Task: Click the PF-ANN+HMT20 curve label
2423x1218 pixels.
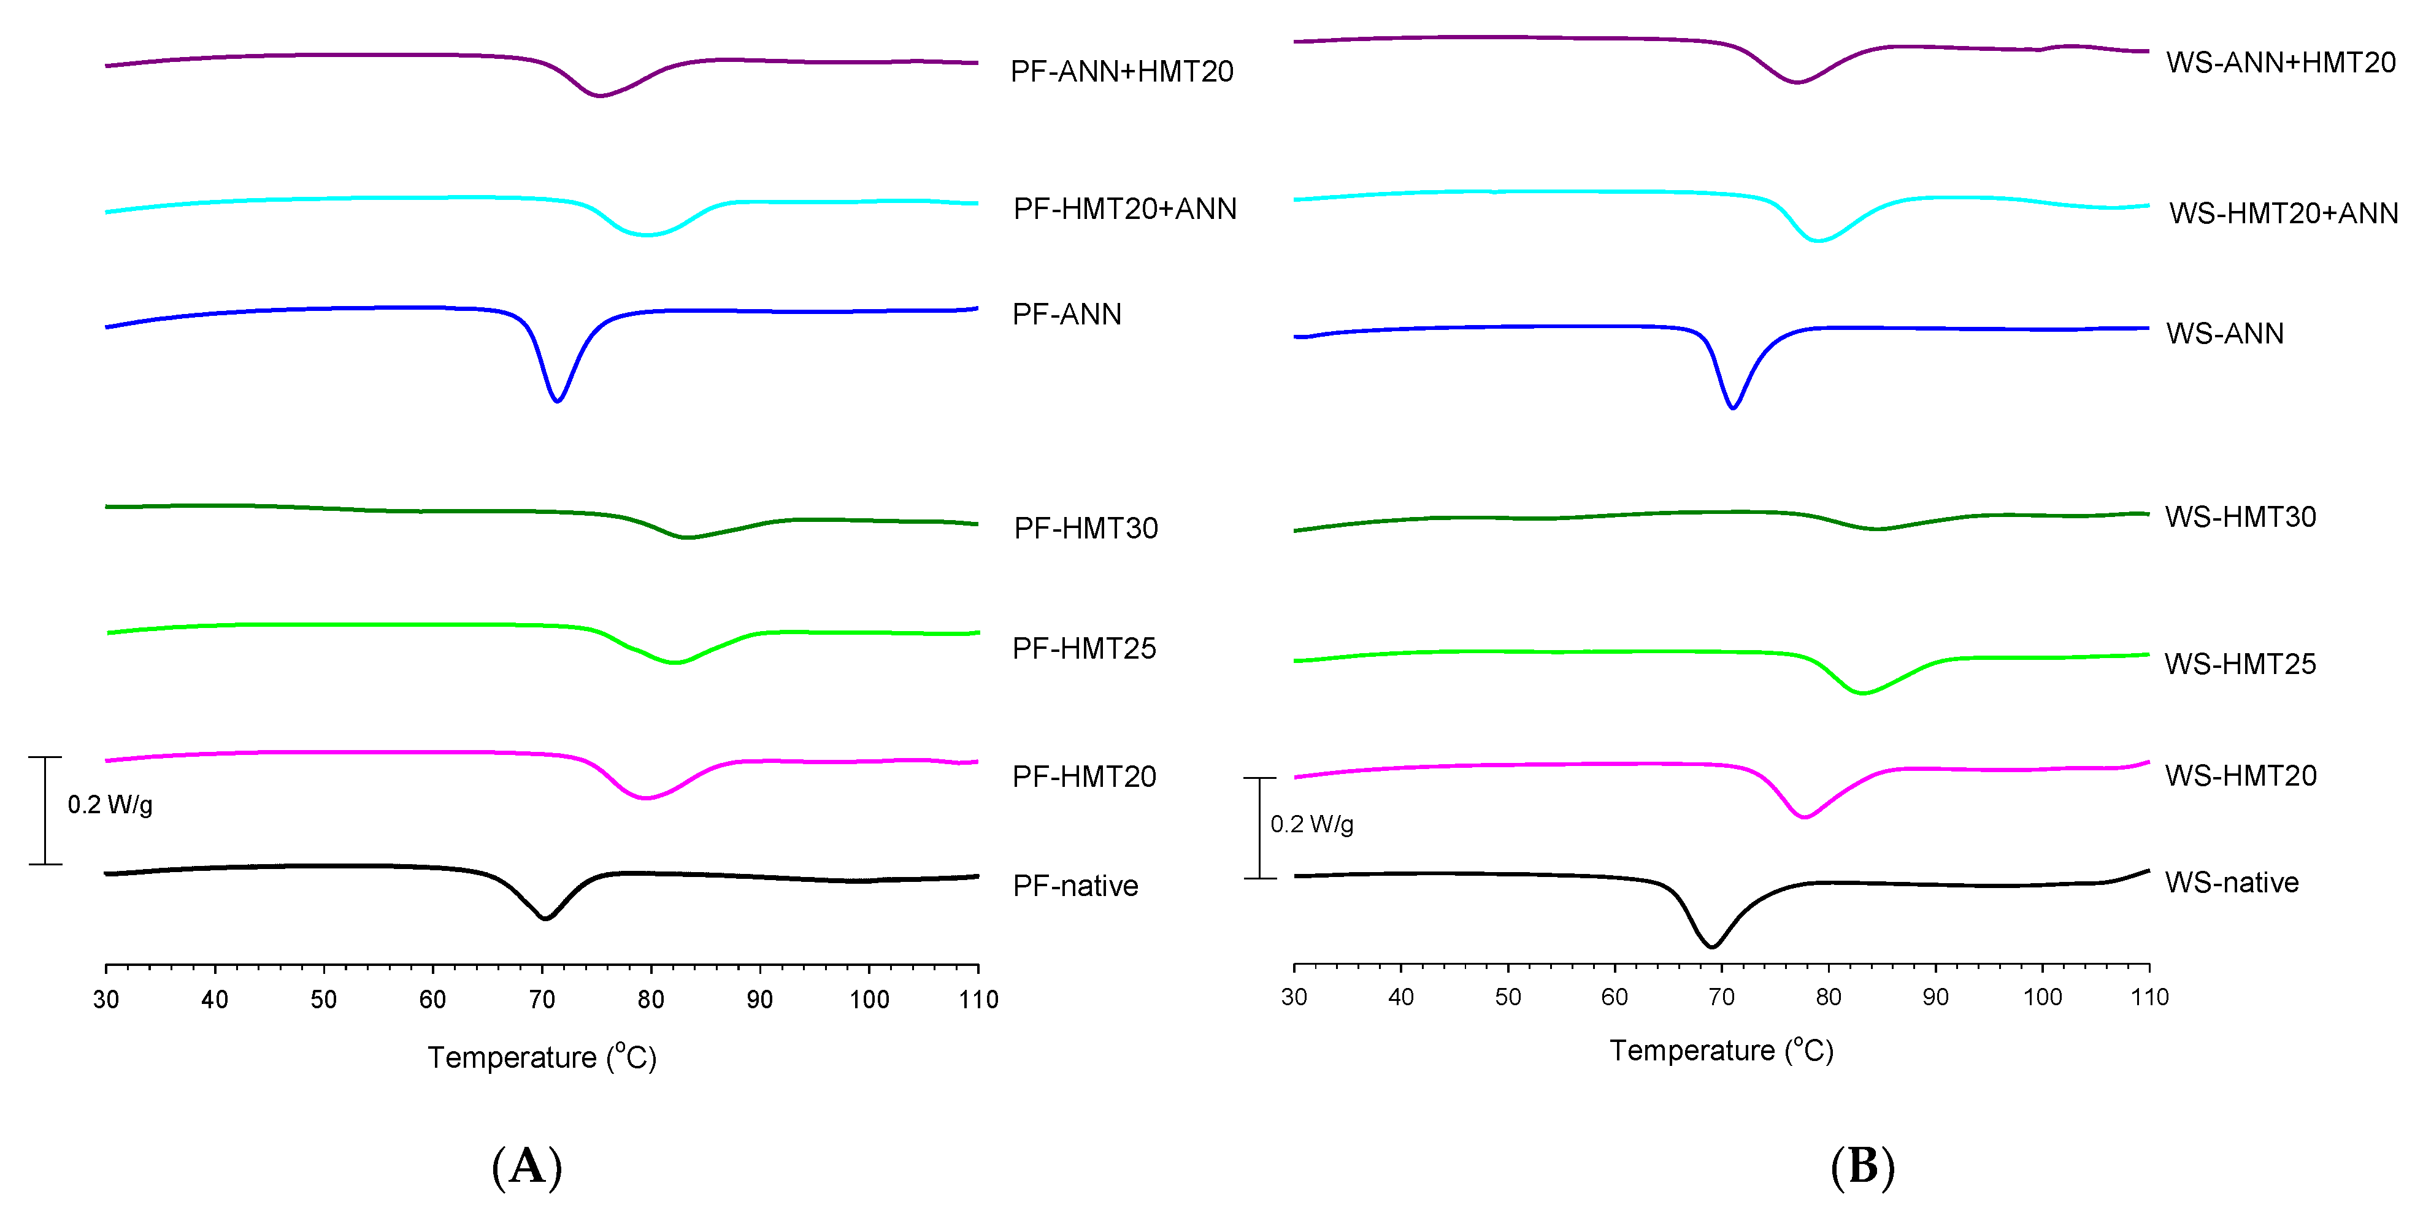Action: pyautogui.click(x=1121, y=72)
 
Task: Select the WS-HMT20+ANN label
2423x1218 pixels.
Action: pyautogui.click(x=2283, y=213)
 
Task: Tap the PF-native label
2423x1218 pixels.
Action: pyautogui.click(x=1075, y=886)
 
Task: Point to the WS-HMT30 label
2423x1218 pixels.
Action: pyautogui.click(x=2240, y=517)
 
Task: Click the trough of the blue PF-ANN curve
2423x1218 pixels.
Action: pyautogui.click(x=558, y=400)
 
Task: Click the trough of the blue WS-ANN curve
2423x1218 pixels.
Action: pyautogui.click(x=1732, y=407)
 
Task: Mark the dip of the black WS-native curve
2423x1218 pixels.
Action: pyautogui.click(x=1712, y=946)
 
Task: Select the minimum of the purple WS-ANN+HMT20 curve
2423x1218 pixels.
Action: pyautogui.click(x=1797, y=82)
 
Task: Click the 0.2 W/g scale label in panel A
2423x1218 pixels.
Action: pyautogui.click(x=110, y=805)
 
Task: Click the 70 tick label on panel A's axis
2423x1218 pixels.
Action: pyautogui.click(x=542, y=1000)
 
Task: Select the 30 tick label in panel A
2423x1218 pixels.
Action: pyautogui.click(x=106, y=1000)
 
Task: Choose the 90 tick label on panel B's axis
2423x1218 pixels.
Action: pyautogui.click(x=1935, y=997)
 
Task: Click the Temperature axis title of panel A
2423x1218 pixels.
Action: pyautogui.click(x=542, y=1058)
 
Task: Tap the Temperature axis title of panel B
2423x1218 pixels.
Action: pyautogui.click(x=1721, y=1051)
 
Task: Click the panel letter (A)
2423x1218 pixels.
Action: pyautogui.click(x=527, y=1166)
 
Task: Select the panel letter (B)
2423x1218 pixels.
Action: pyautogui.click(x=1862, y=1166)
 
